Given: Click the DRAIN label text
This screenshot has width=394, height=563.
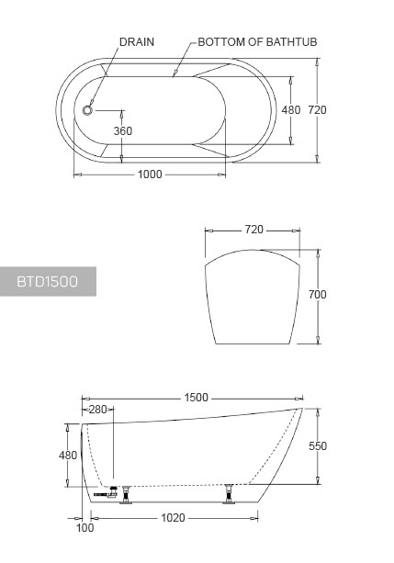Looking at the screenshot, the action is tap(137, 42).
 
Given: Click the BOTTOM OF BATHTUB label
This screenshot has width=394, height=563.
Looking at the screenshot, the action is tap(257, 42).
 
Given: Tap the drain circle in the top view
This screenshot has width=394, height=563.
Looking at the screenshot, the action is tap(87, 110).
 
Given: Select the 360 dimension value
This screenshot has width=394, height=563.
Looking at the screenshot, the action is tap(123, 131).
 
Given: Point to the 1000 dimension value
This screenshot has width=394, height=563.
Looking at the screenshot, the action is tap(150, 175).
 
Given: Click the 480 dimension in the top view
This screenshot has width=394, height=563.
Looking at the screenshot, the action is tap(291, 110).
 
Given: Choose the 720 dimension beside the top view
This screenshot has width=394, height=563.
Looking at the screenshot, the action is tap(318, 110).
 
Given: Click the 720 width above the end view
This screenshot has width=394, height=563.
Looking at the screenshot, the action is tap(254, 230).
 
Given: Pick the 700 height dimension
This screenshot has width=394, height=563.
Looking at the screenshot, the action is tap(318, 295).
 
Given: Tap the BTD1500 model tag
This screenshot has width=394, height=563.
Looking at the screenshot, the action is tap(47, 281).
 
